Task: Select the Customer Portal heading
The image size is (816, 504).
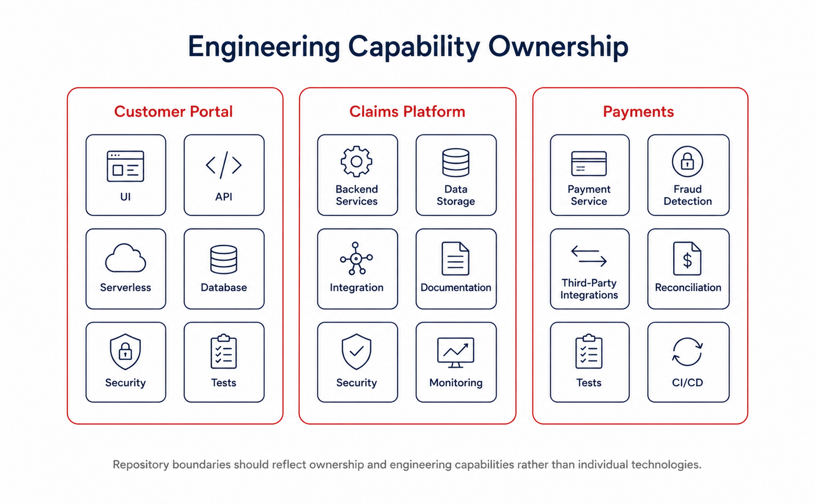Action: (173, 112)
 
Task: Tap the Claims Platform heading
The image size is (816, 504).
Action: (407, 112)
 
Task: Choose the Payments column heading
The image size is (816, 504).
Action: (638, 112)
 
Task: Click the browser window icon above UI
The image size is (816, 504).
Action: (125, 166)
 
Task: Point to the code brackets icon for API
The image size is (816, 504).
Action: (224, 165)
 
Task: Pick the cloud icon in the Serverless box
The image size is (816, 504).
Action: (126, 258)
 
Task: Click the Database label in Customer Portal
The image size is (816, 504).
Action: (224, 287)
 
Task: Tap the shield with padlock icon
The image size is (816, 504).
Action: (125, 352)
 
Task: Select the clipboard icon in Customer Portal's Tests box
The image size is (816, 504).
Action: (224, 352)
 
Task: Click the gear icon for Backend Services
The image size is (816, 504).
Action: (356, 162)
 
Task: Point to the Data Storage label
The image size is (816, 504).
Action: (456, 195)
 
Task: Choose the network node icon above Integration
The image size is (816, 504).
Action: (356, 258)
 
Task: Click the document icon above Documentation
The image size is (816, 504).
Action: (455, 258)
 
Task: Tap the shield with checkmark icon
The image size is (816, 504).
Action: (356, 352)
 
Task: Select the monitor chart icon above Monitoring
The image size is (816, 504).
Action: (455, 352)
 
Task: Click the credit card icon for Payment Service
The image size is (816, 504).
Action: (589, 164)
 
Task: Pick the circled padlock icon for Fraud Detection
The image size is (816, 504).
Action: (688, 162)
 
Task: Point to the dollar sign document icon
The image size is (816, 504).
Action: (687, 258)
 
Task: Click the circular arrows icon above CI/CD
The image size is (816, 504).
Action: (688, 352)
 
